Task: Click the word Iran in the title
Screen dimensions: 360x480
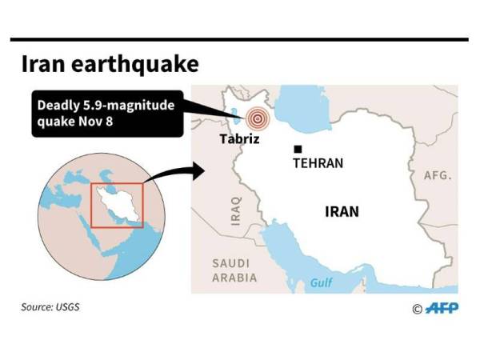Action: tap(40, 64)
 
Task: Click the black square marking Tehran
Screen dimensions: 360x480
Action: tap(298, 149)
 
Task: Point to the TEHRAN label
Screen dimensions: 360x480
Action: tap(318, 163)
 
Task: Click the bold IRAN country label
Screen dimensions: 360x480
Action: tap(342, 212)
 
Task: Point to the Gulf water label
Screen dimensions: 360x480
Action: tap(322, 283)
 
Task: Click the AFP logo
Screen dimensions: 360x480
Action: tap(442, 308)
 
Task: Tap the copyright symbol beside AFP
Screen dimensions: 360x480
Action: tap(417, 309)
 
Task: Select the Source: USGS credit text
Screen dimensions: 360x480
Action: tap(51, 306)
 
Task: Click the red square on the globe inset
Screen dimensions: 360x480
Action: tap(116, 205)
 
